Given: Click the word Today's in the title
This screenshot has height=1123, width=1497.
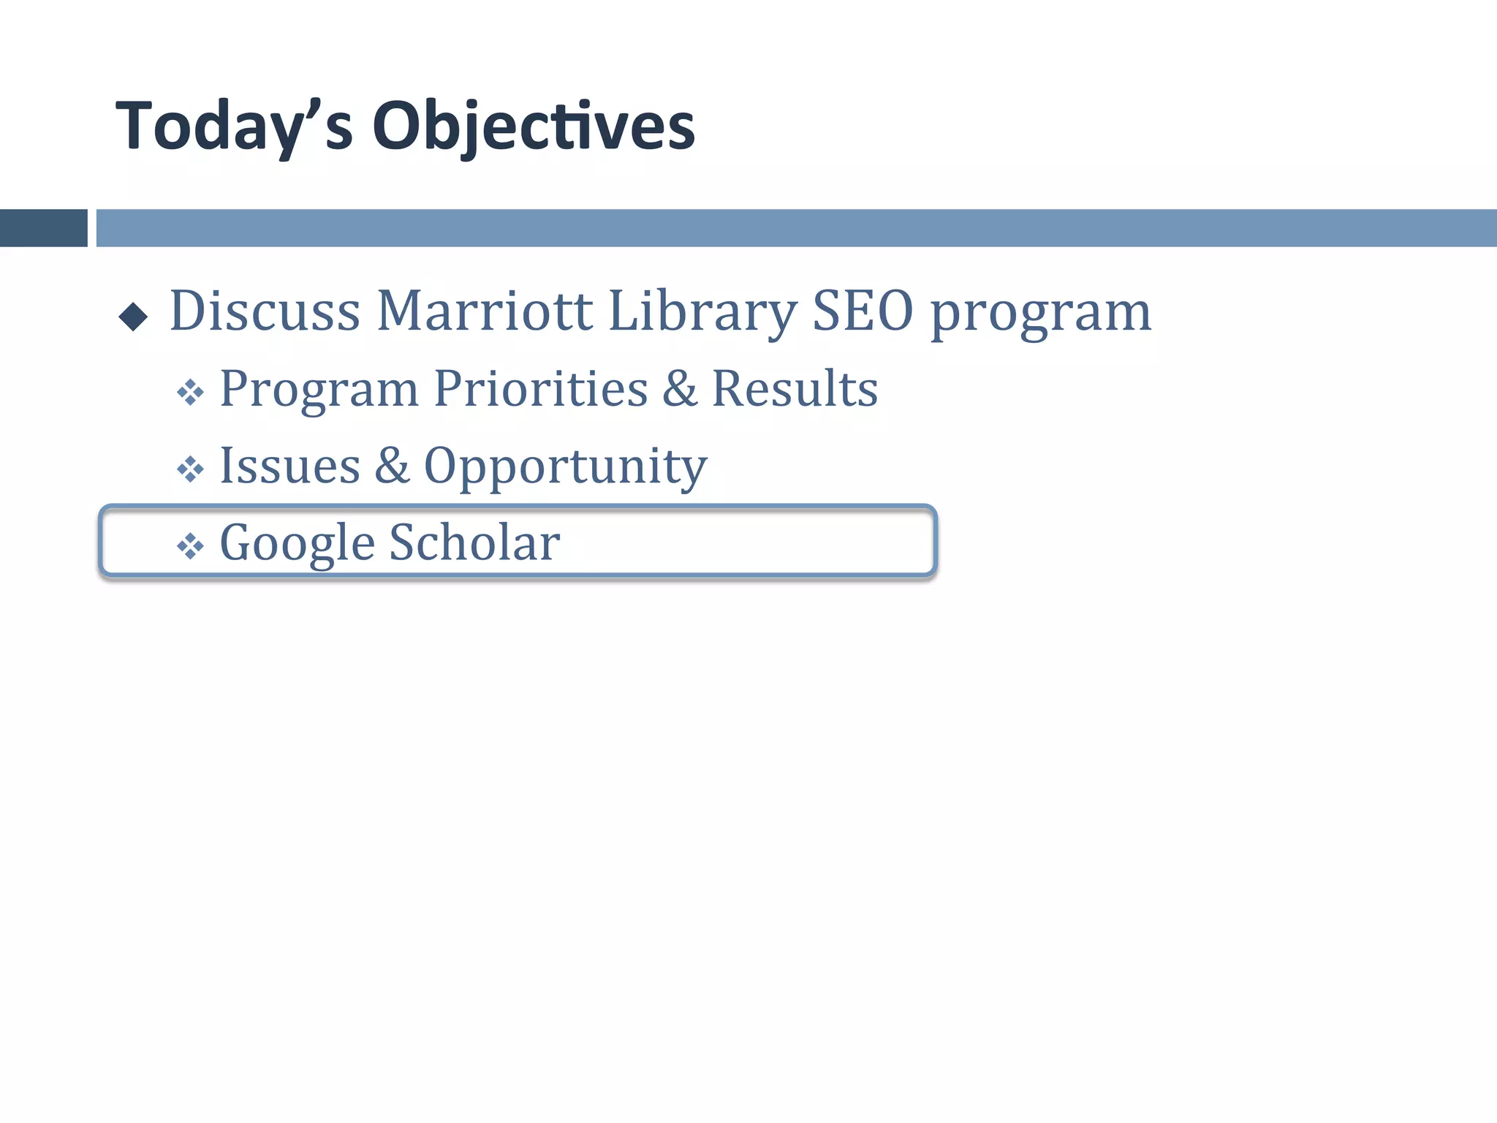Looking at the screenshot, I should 235,127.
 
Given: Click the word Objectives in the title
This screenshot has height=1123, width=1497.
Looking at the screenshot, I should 534,127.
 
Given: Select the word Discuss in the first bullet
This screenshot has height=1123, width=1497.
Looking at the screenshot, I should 265,311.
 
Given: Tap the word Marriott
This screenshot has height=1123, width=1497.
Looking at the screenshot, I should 484,311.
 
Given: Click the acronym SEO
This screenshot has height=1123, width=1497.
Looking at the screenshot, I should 863,311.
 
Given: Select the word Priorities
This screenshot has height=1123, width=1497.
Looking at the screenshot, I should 541,389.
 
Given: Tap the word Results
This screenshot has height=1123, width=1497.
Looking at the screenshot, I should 795,389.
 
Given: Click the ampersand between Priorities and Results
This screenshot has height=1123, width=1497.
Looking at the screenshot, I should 680,389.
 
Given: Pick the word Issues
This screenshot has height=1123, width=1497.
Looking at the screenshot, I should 290,466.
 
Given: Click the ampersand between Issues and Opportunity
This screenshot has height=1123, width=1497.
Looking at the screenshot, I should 392,466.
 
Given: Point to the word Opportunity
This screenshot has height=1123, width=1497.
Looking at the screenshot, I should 565,469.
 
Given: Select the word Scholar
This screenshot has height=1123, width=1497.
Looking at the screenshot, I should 474,543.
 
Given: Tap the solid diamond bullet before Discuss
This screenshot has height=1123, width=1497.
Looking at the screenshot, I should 133,317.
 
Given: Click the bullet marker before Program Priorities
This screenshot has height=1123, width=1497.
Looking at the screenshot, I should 190,393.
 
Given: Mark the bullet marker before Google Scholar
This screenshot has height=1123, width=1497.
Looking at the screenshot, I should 190,546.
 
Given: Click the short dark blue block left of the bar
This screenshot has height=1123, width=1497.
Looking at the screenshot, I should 43,228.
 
